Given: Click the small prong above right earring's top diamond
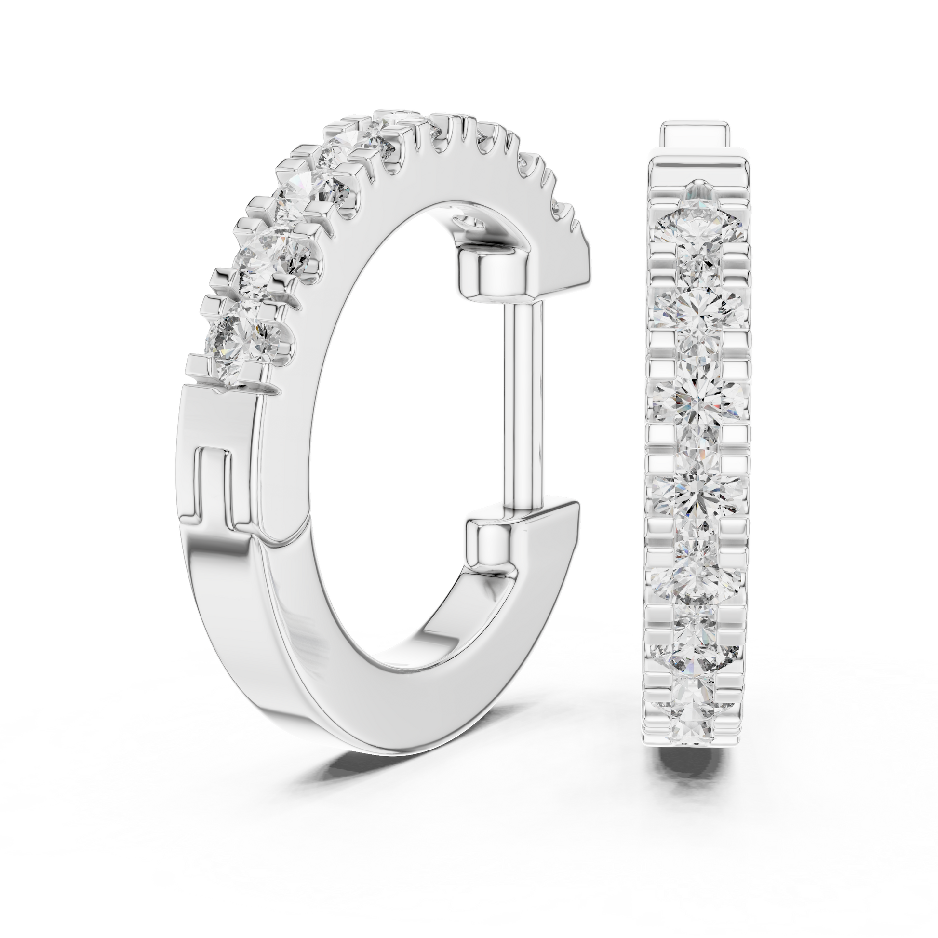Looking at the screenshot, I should (697, 187).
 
